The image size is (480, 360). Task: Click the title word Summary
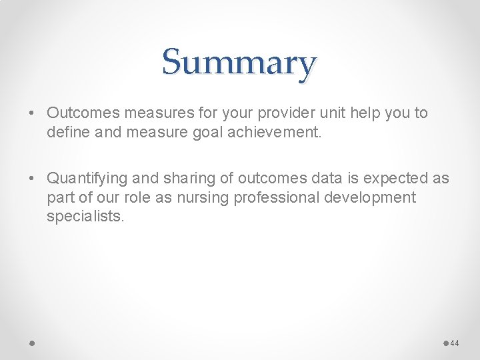239,63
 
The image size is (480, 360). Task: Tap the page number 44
455,343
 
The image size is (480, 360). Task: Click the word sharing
181,179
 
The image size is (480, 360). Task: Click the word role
136,198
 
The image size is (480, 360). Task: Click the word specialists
85,217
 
